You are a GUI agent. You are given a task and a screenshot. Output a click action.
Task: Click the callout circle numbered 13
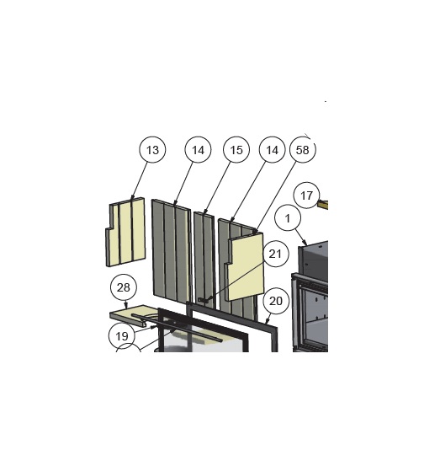152,149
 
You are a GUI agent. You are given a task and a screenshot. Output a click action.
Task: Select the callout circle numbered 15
236,149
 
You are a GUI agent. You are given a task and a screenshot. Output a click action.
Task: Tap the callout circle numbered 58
303,149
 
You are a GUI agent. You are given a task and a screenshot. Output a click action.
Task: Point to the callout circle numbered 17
306,196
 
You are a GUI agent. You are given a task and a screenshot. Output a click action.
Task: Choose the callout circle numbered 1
288,218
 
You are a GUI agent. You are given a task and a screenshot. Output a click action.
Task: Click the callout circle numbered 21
275,254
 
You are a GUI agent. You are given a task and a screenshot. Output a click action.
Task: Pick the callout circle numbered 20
276,301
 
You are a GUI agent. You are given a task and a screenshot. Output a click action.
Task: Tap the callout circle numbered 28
124,287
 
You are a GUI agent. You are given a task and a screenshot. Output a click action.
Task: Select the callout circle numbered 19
122,335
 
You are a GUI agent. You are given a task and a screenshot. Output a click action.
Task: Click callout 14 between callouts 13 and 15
198,149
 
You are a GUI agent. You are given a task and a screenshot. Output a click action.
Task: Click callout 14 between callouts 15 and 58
272,149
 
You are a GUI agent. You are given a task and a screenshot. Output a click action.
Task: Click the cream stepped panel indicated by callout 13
126,233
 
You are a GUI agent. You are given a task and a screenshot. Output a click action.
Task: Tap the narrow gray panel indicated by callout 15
204,260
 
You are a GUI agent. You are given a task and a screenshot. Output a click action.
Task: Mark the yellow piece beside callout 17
323,204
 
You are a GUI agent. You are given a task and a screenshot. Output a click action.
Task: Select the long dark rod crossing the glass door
177,328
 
